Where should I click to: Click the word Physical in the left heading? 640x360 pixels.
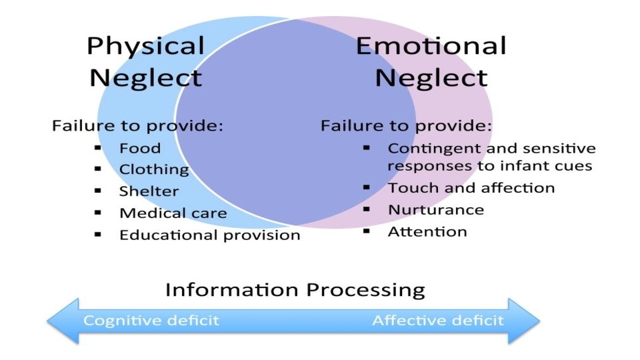[145, 47]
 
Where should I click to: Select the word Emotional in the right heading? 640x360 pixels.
[431, 46]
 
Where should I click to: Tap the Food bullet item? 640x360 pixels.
[140, 148]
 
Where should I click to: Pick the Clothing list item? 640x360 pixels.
[154, 169]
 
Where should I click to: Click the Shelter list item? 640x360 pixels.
[149, 191]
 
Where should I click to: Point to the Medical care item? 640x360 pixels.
[173, 213]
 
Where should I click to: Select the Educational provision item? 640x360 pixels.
[209, 235]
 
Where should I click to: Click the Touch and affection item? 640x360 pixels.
[471, 188]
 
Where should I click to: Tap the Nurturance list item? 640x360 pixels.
[435, 209]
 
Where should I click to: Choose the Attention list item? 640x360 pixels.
[427, 231]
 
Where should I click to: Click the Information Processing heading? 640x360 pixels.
[295, 290]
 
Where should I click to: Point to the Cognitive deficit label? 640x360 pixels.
[151, 321]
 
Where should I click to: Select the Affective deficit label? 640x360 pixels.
[437, 321]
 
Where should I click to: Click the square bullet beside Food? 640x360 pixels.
[98, 147]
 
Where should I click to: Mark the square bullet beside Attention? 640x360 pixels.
[366, 231]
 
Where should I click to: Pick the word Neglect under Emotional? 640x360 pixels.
[431, 78]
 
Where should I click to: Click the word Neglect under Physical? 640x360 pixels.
[145, 78]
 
